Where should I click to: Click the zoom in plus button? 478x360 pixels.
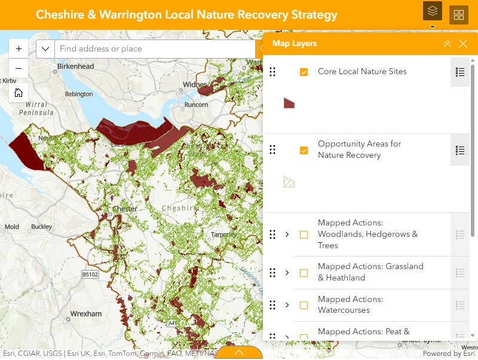[19, 48]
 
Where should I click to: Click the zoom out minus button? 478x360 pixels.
[19, 68]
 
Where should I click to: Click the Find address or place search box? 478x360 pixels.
[154, 48]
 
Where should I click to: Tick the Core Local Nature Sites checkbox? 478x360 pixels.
[304, 72]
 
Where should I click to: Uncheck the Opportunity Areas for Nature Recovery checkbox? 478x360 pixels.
[304, 150]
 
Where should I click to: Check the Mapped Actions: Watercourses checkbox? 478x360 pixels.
[304, 305]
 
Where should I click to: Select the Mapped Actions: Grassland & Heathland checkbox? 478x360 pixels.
[304, 273]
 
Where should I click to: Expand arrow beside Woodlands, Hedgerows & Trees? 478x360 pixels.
[287, 234]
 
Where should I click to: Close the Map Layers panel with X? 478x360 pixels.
[463, 44]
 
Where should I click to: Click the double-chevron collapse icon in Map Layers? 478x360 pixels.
[448, 44]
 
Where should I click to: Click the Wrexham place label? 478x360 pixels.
[86, 313]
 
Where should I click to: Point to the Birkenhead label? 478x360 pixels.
[77, 66]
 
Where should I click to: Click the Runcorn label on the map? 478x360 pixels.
[197, 105]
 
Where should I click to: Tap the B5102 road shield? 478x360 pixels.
[90, 274]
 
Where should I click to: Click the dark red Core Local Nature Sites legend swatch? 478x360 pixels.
[289, 103]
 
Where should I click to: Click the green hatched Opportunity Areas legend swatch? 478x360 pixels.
[289, 182]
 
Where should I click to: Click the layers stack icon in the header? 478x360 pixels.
[433, 11]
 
